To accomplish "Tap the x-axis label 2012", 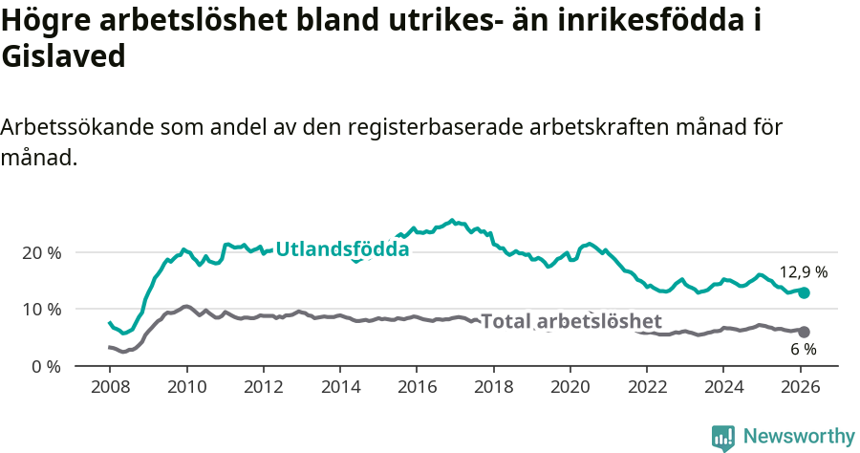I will coord(263,388).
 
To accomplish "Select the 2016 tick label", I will coord(417,388).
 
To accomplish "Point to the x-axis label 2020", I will coord(570,388).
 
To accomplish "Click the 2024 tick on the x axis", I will coord(723,388).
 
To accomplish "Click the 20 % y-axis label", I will coord(41,252).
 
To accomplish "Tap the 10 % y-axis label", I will coord(41,309).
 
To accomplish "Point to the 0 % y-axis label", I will coord(45,366).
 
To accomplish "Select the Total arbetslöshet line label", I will coord(570,321).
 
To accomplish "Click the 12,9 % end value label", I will coord(803,271).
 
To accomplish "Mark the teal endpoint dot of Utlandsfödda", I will coord(805,292).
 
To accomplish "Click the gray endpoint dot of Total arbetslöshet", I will coord(804,332).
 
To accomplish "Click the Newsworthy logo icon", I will coord(723,437).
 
